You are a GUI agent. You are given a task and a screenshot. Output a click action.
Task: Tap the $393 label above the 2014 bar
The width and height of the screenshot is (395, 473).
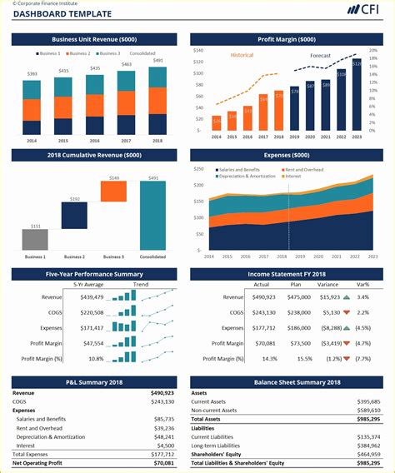pyautogui.click(x=32, y=74)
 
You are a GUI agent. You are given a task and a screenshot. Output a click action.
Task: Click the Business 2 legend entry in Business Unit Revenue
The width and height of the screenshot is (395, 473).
pyautogui.click(x=80, y=53)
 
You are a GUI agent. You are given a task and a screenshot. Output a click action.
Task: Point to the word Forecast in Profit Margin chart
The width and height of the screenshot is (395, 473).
pyautogui.click(x=321, y=56)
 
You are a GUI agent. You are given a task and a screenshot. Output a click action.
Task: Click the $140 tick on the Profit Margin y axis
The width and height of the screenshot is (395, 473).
pyautogui.click(x=198, y=50)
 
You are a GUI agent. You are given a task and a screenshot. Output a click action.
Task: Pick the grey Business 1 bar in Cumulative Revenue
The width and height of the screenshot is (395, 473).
pyautogui.click(x=35, y=240)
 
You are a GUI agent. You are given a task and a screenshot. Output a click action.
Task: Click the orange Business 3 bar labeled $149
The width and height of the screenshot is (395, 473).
pyautogui.click(x=113, y=192)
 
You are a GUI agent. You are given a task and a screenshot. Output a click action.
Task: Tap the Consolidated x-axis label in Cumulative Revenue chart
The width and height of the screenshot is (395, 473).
pyautogui.click(x=152, y=256)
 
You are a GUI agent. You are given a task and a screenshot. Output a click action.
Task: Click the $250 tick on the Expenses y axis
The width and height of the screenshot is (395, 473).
pyautogui.click(x=198, y=170)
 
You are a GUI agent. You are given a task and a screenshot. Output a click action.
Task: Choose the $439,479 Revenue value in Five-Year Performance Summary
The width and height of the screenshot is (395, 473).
pyautogui.click(x=92, y=297)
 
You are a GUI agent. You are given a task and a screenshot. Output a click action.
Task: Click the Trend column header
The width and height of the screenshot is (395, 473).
pyautogui.click(x=141, y=284)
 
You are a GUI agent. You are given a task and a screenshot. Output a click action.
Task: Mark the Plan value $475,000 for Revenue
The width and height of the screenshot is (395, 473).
pyautogui.click(x=299, y=297)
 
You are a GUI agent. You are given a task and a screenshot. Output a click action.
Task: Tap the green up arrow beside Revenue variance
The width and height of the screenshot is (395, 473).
pyautogui.click(x=346, y=297)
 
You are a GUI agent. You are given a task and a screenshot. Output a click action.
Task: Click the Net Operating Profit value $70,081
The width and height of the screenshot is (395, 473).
pyautogui.click(x=162, y=462)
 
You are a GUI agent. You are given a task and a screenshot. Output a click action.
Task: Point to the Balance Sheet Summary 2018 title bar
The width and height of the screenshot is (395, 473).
pyautogui.click(x=287, y=382)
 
